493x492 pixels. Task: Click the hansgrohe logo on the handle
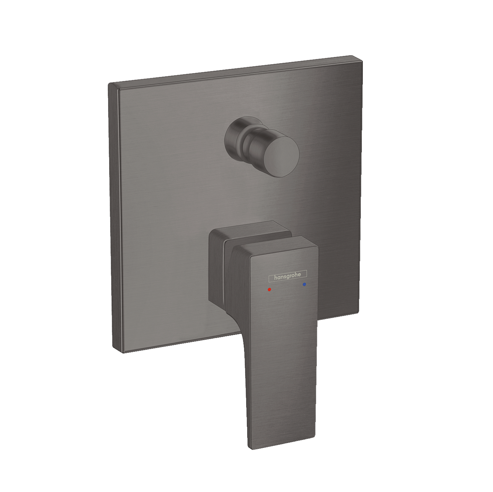pyautogui.click(x=288, y=276)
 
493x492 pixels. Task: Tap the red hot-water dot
pyautogui.click(x=270, y=289)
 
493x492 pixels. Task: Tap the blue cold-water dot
pyautogui.click(x=304, y=284)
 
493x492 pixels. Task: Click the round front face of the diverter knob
pyautogui.click(x=282, y=153)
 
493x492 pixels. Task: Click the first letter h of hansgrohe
pyautogui.click(x=276, y=278)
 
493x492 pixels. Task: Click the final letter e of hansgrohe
pyautogui.click(x=299, y=274)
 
